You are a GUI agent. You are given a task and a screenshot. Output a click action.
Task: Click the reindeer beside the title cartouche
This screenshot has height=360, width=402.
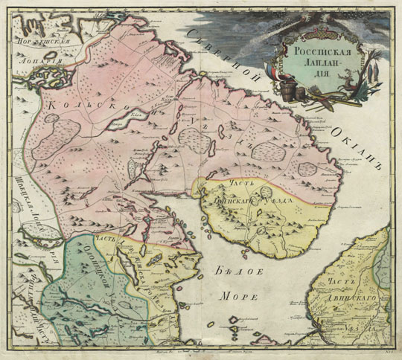tap(350, 89)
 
